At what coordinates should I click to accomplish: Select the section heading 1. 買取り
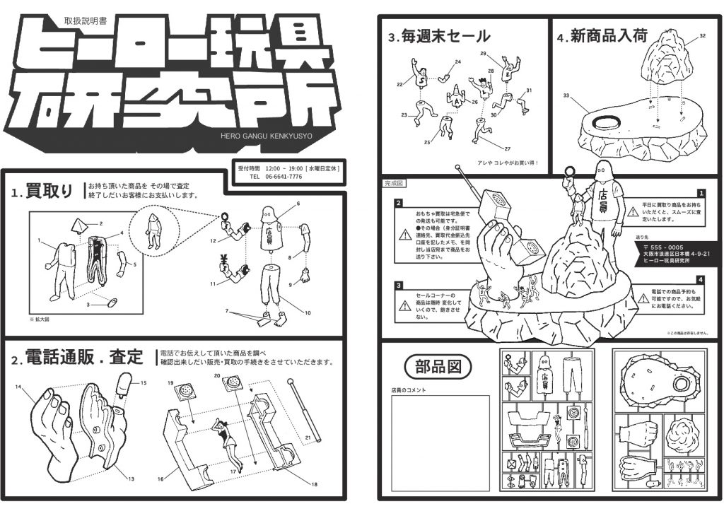tap(42, 192)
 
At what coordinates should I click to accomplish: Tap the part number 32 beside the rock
tap(701, 35)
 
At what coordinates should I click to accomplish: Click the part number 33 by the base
tap(566, 95)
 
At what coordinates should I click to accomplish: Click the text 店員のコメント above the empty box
tap(413, 389)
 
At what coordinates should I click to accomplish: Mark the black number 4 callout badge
tap(700, 280)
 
